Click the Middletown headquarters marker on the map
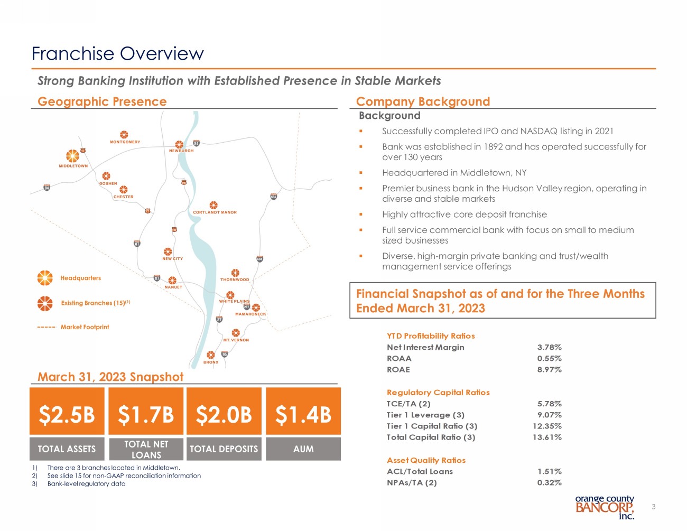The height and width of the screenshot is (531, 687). click(x=72, y=156)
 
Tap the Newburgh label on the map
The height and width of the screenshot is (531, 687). click(x=181, y=151)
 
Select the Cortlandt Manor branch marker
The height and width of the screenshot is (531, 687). click(x=213, y=205)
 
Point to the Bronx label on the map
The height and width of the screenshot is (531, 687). click(x=211, y=362)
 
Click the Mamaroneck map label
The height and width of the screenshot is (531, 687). click(x=250, y=314)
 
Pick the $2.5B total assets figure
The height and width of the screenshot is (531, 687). click(x=67, y=415)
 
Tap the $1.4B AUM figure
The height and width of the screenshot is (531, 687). click(x=303, y=415)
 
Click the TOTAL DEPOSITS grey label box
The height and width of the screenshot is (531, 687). click(x=224, y=449)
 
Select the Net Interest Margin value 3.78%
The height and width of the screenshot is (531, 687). click(x=549, y=347)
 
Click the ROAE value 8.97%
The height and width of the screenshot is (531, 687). click(x=549, y=369)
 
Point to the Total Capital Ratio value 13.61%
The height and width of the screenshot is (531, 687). click(x=546, y=437)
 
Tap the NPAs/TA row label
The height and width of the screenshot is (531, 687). click(x=412, y=482)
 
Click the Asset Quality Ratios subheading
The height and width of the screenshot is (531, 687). click(x=426, y=460)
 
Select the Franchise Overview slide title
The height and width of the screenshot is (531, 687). click(x=117, y=54)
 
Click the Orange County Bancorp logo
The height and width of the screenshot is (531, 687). click(x=605, y=507)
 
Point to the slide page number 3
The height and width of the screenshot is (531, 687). click(x=653, y=507)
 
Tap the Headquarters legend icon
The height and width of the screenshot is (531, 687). click(x=45, y=278)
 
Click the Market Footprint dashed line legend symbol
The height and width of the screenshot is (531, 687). click(x=47, y=328)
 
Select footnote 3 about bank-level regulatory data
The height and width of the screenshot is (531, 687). click(x=86, y=483)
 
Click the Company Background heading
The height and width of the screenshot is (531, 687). click(x=423, y=101)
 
